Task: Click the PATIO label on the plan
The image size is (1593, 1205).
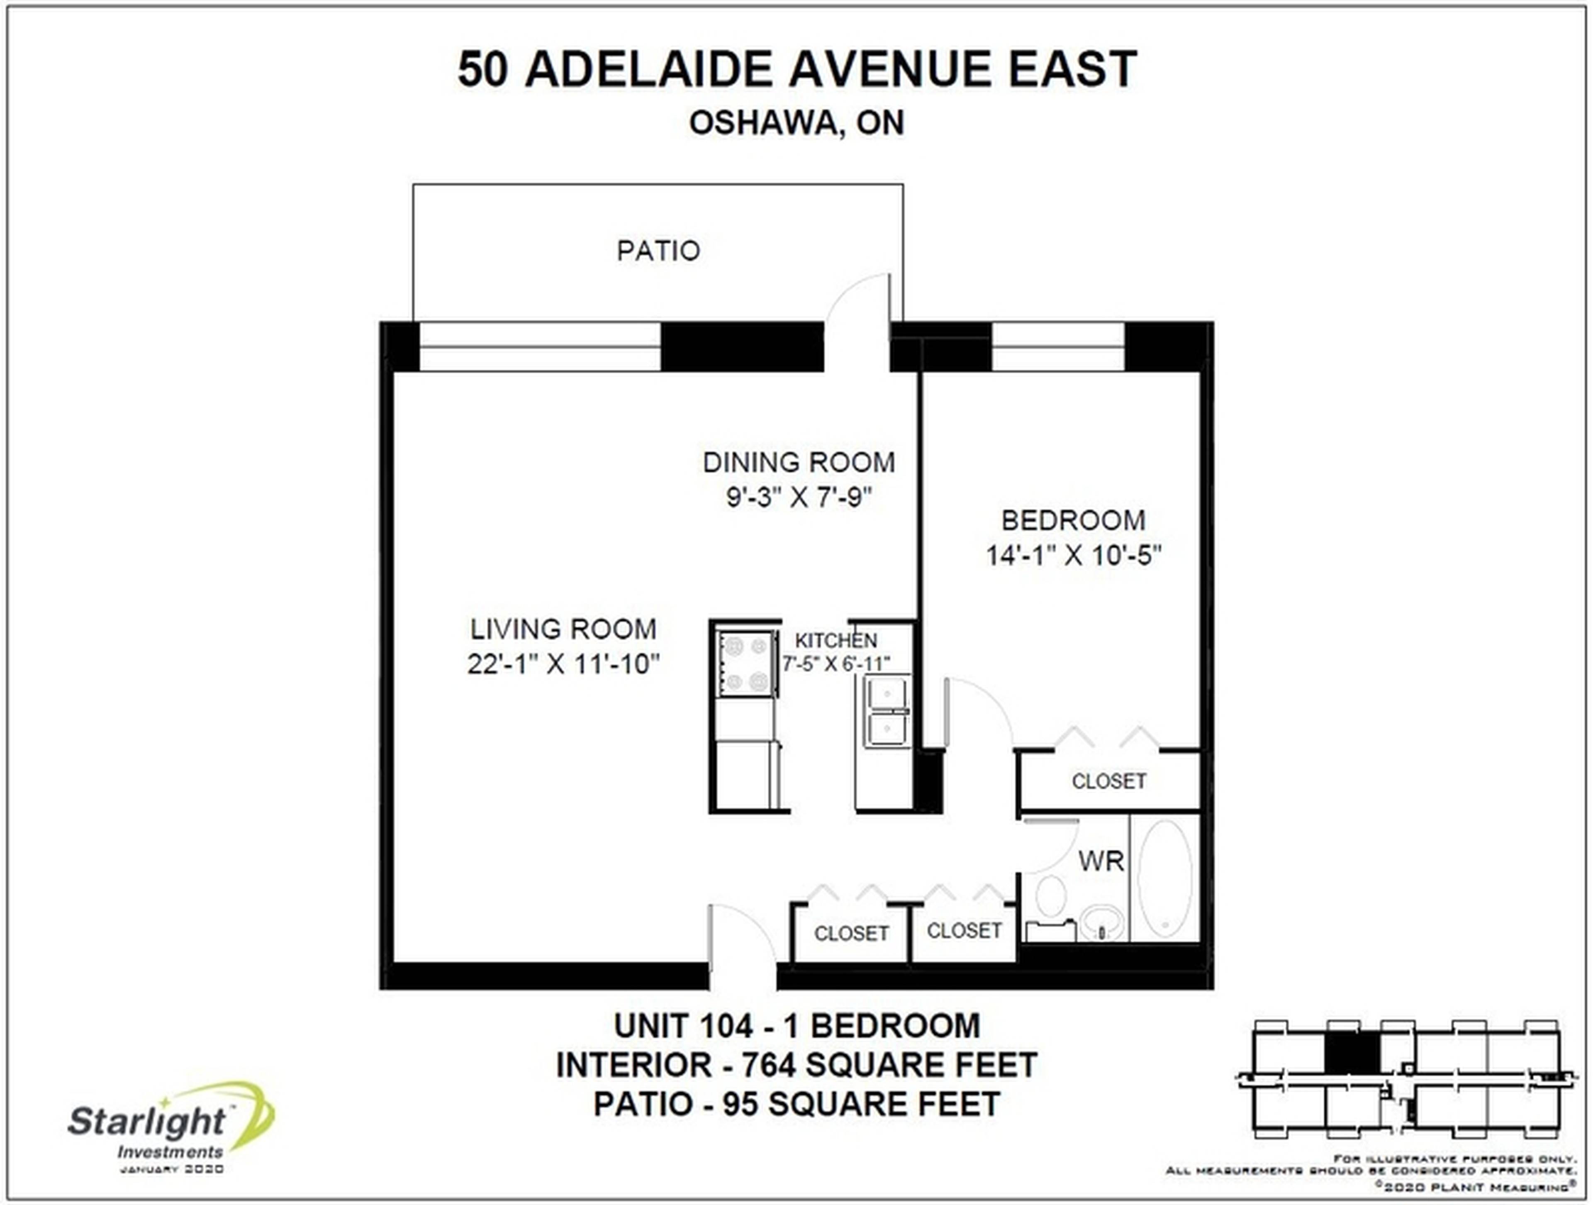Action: click(658, 251)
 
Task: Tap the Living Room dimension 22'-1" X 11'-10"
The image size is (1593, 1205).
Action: click(563, 664)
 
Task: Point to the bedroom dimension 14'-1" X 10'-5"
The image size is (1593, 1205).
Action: click(1073, 555)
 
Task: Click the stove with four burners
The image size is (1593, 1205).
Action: click(745, 663)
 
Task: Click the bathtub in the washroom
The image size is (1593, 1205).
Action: click(1164, 879)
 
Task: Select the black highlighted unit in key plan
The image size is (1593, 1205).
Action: click(1352, 1055)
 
